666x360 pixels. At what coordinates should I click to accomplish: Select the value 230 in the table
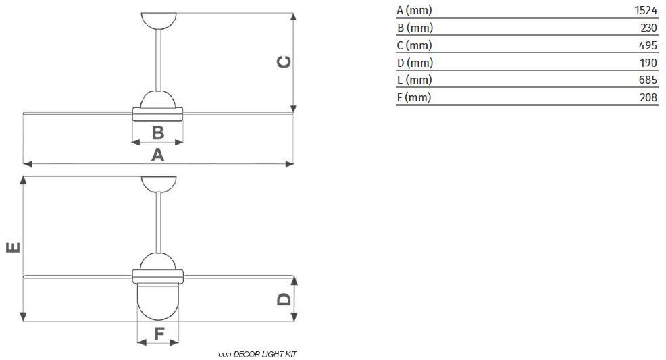tap(648, 28)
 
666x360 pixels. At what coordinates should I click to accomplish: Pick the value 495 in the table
tap(648, 45)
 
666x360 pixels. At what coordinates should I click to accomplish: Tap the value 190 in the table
tap(648, 63)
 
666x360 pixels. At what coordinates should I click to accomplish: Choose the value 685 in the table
tap(648, 80)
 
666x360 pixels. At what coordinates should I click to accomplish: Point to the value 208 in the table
tap(648, 97)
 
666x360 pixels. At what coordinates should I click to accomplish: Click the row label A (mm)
tap(414, 10)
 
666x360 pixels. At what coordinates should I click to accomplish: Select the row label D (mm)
tap(415, 63)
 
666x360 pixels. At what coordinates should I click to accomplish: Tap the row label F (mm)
tap(414, 97)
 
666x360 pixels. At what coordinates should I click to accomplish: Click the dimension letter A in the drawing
tap(157, 155)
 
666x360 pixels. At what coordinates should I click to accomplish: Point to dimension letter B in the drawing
tap(157, 132)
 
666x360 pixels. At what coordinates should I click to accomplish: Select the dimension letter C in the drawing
tap(284, 62)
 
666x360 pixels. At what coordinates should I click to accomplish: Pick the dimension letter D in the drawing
tap(284, 298)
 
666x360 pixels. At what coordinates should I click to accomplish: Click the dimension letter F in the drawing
tap(158, 333)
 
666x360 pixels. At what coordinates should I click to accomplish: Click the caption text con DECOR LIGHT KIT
tap(257, 354)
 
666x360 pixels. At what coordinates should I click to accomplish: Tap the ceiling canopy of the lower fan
tap(158, 184)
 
